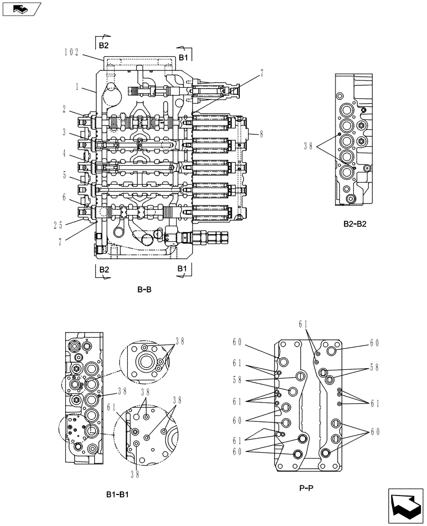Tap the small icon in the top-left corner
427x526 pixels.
19,8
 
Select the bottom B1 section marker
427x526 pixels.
182,269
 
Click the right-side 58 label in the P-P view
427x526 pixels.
374,368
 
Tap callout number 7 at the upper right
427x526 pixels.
261,75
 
